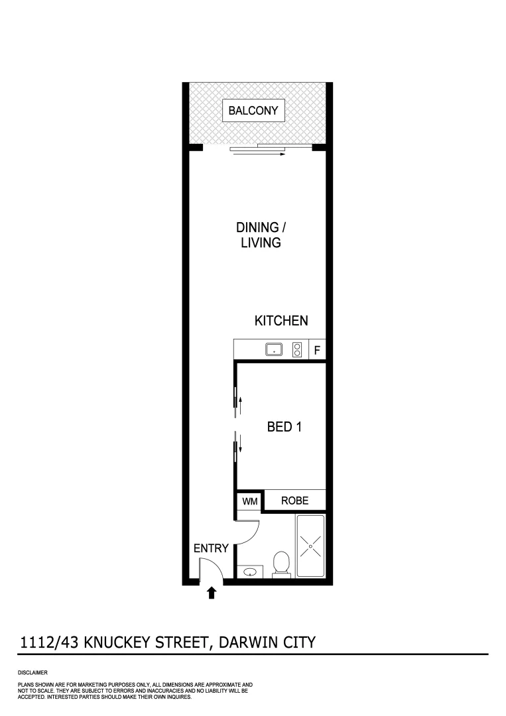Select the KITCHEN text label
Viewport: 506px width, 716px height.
click(281, 321)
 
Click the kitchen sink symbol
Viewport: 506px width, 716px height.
click(275, 349)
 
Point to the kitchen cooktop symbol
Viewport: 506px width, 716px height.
click(298, 349)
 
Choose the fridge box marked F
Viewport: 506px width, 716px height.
click(317, 350)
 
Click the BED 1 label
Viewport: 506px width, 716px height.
click(285, 427)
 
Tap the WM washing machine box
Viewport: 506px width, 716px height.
click(249, 501)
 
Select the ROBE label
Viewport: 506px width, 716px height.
click(294, 501)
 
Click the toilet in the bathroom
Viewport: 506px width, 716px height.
click(281, 565)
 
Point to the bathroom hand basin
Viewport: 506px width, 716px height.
click(251, 571)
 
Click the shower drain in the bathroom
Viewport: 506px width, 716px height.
click(310, 546)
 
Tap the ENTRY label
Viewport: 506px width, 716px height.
click(211, 548)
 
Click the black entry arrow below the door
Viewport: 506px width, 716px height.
click(212, 592)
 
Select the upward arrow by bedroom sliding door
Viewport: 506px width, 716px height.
click(241, 402)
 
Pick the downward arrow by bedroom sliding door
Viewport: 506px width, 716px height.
click(241, 445)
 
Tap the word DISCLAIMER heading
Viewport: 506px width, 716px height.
click(32, 673)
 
